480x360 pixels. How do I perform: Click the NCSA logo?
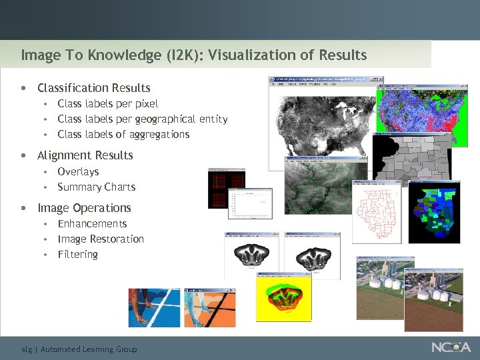(x=451, y=347)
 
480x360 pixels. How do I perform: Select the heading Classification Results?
(x=94, y=88)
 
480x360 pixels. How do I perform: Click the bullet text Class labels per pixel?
(x=108, y=103)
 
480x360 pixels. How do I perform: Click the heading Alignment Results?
(x=85, y=155)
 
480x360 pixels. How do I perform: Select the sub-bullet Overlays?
(x=78, y=171)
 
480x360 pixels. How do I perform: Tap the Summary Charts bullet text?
(x=97, y=187)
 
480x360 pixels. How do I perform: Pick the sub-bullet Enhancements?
(x=92, y=223)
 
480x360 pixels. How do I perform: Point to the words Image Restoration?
(x=101, y=239)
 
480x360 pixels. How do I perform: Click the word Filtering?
(x=78, y=254)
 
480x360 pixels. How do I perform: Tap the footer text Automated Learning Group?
(x=89, y=349)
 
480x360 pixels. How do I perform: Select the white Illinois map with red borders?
(x=377, y=217)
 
